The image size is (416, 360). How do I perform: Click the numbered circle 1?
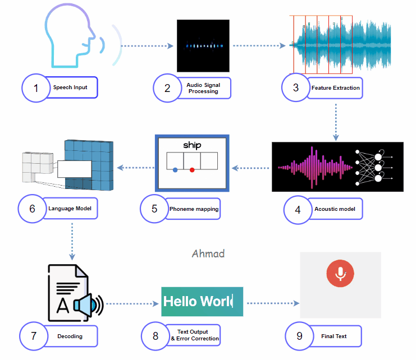(35, 88)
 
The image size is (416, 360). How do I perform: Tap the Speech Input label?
(70, 87)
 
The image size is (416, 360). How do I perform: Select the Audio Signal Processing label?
(203, 88)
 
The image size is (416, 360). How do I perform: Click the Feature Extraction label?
(335, 88)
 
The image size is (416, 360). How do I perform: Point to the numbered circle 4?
(298, 209)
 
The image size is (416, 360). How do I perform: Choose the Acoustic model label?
(335, 209)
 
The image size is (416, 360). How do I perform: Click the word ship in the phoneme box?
(192, 145)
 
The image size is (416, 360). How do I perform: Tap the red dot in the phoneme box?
(192, 169)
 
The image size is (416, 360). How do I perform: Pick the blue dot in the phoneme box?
(175, 169)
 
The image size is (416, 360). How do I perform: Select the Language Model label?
(70, 208)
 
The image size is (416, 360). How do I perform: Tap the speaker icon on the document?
(89, 306)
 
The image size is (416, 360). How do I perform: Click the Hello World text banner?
(202, 301)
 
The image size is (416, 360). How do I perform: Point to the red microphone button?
(340, 273)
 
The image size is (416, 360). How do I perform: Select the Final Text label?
(333, 336)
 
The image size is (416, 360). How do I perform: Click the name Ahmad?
(208, 253)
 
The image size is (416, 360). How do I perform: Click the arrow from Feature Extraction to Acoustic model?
(335, 121)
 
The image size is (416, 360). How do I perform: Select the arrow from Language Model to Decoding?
(72, 241)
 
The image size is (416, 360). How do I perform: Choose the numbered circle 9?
(299, 336)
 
